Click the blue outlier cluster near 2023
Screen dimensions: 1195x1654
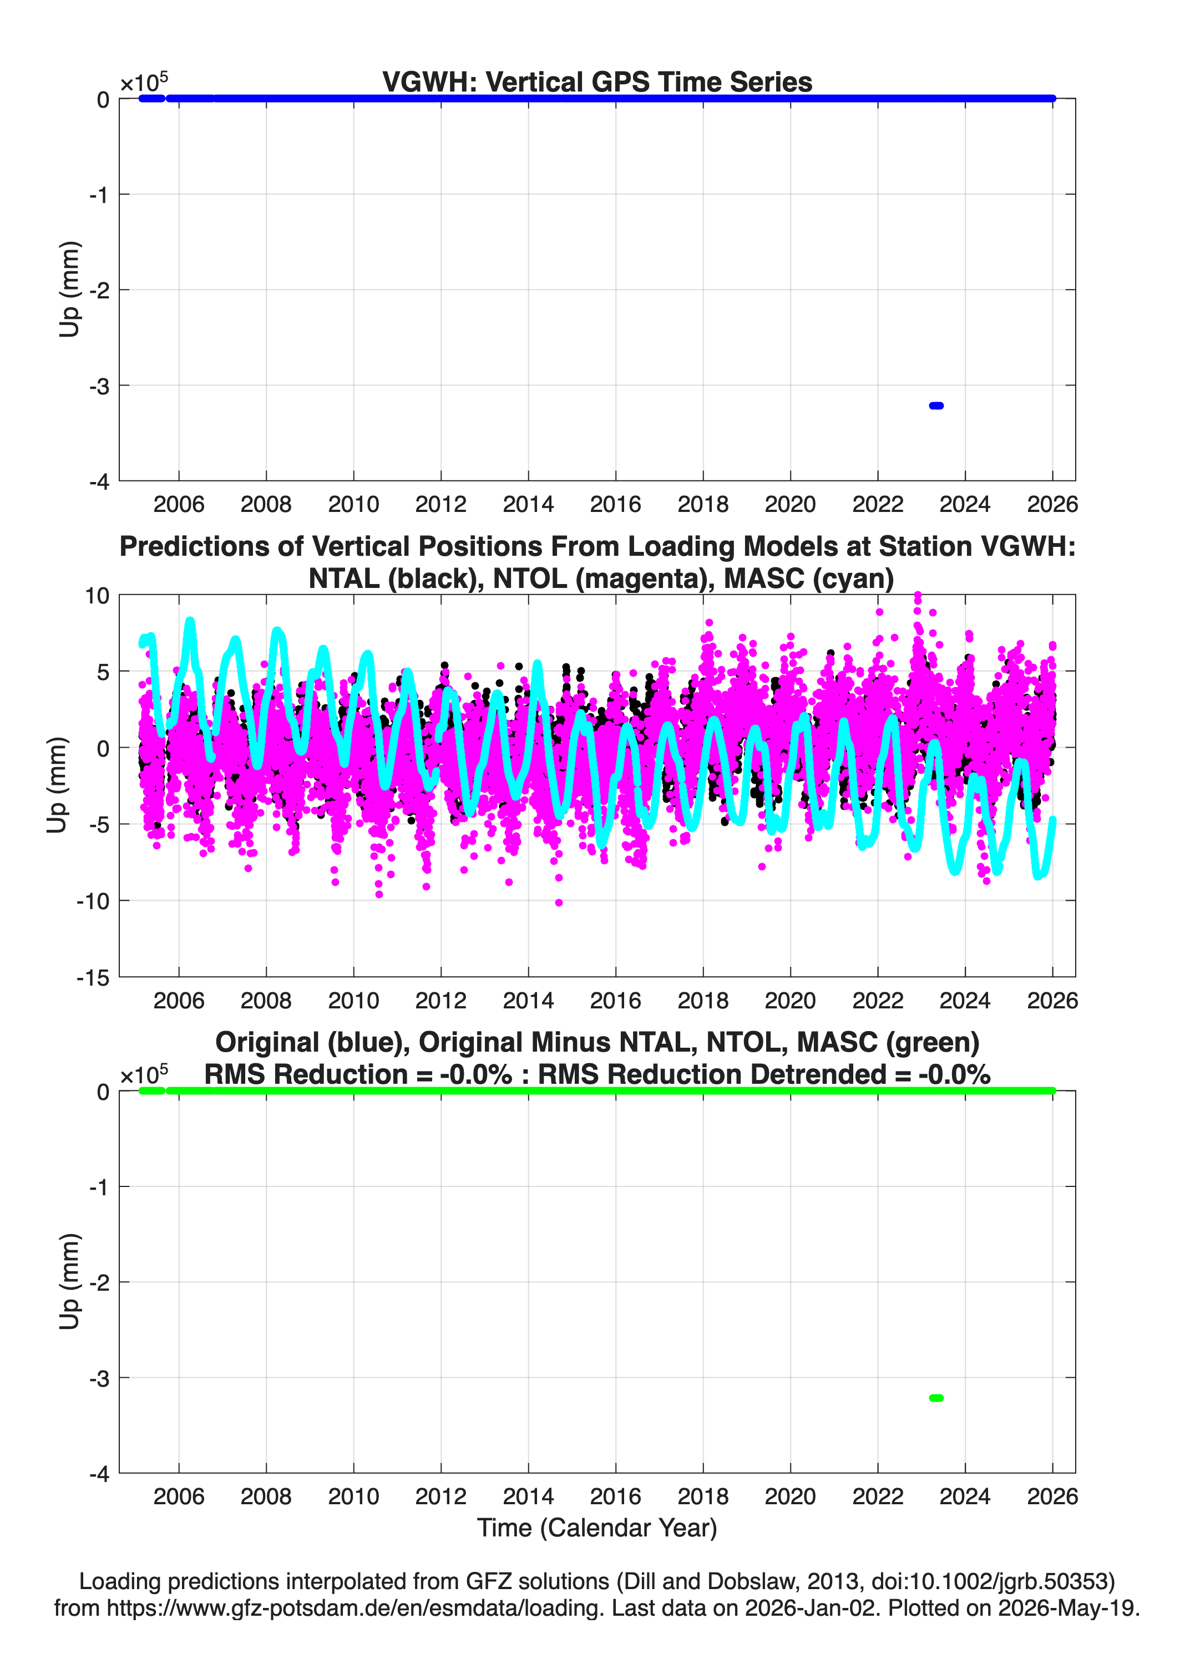pos(936,405)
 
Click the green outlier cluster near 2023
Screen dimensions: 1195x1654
pos(936,1398)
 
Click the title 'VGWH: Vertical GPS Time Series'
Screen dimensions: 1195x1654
pos(597,82)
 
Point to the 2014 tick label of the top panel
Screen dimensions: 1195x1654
pos(528,504)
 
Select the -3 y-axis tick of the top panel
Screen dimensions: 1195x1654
pos(100,386)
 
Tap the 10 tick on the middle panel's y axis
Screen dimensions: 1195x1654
pos(97,596)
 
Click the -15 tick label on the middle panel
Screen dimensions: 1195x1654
pos(93,978)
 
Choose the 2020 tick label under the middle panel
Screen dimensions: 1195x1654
pos(790,1001)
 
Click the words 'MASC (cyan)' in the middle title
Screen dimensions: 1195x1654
pos(809,579)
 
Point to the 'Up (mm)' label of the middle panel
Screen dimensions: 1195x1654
pos(57,785)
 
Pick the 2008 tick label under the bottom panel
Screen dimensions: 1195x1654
pos(266,1496)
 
